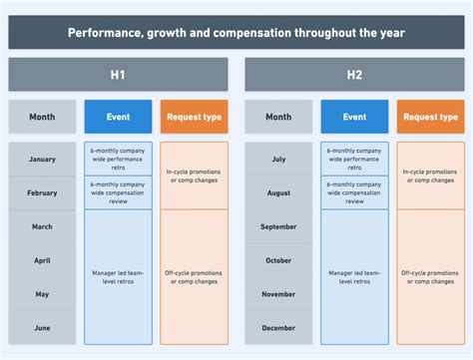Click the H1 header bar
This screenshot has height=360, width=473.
[x=118, y=75]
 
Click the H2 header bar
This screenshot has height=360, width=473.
[x=354, y=75]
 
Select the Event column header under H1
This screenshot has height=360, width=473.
[x=118, y=117]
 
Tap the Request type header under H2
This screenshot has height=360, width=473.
[x=430, y=117]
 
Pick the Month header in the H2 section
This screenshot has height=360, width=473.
[x=278, y=117]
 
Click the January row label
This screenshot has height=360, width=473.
[x=42, y=159]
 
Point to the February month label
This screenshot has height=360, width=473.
[x=42, y=192]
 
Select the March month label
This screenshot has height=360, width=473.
[x=42, y=226]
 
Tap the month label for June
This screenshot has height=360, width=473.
[x=42, y=328]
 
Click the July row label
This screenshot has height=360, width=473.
[x=278, y=159]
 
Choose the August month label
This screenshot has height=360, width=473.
[x=278, y=192]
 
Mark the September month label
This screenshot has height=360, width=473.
[x=278, y=226]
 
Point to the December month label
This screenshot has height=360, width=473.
[x=278, y=328]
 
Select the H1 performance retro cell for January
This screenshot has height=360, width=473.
[x=118, y=159]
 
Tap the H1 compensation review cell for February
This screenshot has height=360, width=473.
[x=118, y=192]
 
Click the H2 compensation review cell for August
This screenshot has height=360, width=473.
[x=354, y=192]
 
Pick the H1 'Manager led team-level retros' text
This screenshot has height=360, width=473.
[x=118, y=277]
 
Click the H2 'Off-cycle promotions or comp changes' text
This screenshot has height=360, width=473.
[x=430, y=277]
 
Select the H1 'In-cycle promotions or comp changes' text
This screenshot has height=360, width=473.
[x=194, y=176]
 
